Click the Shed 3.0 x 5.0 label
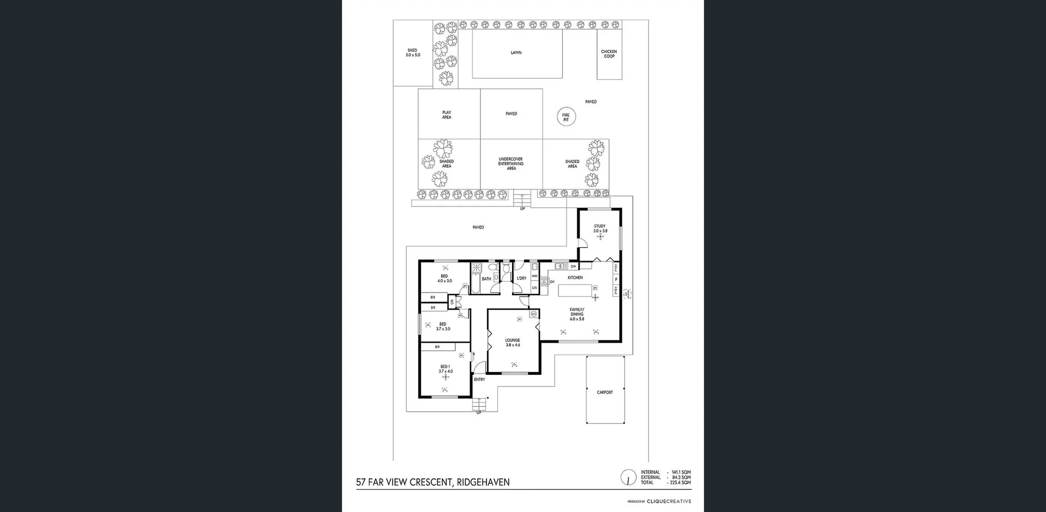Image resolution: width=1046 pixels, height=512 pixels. coord(412,53)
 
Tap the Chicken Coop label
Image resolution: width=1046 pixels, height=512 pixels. coord(609,54)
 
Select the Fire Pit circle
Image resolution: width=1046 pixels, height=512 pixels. coord(565,117)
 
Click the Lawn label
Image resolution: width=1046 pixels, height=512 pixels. coord(516,53)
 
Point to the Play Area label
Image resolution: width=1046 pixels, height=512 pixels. coord(446,115)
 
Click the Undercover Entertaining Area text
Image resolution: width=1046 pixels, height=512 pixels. coord(511,164)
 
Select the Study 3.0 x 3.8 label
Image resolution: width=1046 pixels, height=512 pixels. coord(600,229)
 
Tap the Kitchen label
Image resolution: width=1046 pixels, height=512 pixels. coord(575,278)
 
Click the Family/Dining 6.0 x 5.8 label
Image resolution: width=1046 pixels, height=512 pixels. coord(576,314)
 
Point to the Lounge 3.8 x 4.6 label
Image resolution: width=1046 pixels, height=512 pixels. coord(513,343)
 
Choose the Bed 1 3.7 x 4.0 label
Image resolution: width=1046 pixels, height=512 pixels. coord(445,369)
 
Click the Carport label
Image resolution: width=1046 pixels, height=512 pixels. coord(605,392)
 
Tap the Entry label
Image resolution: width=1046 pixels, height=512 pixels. coord(479,380)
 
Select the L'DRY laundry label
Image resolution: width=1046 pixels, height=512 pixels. coord(521,278)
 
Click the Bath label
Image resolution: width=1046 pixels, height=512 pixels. coord(486,279)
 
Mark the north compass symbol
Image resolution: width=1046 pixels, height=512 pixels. coord(628,478)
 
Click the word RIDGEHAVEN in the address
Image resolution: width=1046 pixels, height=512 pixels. coord(483,482)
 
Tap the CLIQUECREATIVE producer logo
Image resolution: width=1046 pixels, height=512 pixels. coord(669,501)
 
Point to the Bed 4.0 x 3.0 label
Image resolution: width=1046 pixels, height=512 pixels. coord(445,278)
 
